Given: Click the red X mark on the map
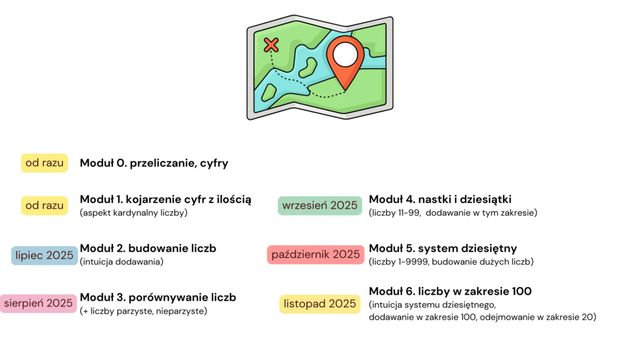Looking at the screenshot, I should [x=271, y=44].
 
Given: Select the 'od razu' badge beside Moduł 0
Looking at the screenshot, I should [x=44, y=163].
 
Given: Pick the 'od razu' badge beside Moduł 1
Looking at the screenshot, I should [x=44, y=205].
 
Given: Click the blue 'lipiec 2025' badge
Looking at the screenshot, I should [x=44, y=255].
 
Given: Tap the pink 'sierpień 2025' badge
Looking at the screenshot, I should [x=39, y=304].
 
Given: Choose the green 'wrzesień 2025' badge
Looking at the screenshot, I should [x=320, y=205].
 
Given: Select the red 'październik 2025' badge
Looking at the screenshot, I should [x=316, y=254].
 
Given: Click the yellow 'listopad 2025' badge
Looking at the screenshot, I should [x=320, y=304].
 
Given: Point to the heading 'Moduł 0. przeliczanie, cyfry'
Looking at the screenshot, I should [x=154, y=164].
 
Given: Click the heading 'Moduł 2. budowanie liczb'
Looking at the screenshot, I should [x=148, y=249].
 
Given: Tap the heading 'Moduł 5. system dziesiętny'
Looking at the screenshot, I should [x=442, y=249].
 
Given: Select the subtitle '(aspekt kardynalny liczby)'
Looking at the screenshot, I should [x=134, y=213].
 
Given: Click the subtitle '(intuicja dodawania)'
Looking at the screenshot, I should [x=121, y=262].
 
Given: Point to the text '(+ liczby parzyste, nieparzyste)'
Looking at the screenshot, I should [x=143, y=311].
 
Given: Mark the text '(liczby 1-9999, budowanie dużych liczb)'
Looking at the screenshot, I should [x=451, y=262].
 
